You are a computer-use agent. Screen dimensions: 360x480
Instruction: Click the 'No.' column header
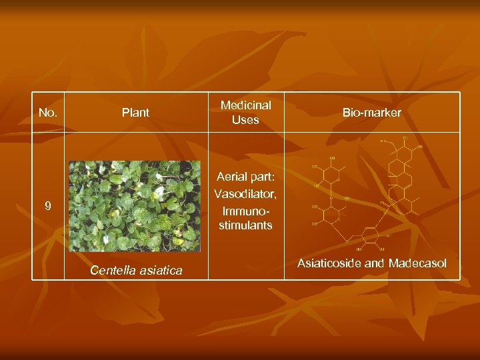(x=48, y=113)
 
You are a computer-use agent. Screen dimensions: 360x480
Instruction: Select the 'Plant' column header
(x=135, y=113)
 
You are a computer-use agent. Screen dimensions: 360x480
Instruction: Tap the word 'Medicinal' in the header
(x=245, y=105)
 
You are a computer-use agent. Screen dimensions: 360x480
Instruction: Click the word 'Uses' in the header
(x=245, y=120)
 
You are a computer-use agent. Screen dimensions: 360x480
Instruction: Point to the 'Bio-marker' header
(x=372, y=113)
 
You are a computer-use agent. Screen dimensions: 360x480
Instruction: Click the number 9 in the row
(x=48, y=207)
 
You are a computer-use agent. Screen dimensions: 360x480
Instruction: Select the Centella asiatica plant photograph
(x=135, y=205)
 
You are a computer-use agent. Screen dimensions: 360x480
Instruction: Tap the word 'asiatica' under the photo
(x=160, y=271)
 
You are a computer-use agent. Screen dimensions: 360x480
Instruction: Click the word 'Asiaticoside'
(x=329, y=263)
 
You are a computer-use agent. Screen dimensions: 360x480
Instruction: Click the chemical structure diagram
(x=367, y=193)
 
